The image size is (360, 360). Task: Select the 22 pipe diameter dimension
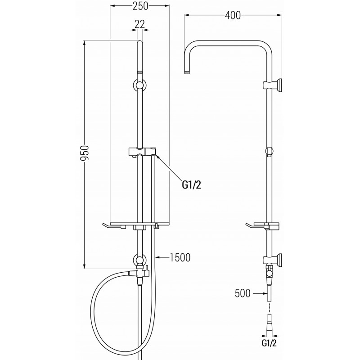[x=140, y=23]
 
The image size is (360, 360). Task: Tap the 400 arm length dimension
[x=233, y=15]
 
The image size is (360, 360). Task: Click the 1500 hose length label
[x=180, y=257]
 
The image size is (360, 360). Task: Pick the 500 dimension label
[x=243, y=293]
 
